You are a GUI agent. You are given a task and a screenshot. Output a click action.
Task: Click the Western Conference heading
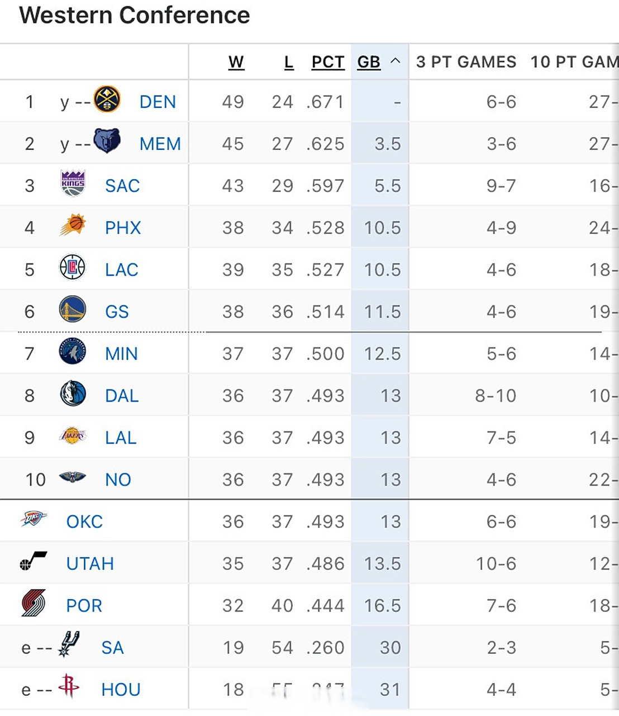pos(135,15)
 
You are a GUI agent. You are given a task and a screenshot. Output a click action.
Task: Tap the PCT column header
pos(328,62)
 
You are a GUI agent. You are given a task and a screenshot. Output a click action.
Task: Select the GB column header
pos(369,62)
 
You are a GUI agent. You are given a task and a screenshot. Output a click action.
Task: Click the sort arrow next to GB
pos(395,61)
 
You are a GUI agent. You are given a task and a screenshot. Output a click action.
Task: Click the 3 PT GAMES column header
pos(466,62)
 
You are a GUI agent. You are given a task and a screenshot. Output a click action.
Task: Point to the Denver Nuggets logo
pos(107,100)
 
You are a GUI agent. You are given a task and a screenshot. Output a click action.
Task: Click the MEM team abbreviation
pos(160,144)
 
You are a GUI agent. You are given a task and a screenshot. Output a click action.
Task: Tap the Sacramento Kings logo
pos(73,183)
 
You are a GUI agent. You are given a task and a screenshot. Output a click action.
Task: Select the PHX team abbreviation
pos(123,228)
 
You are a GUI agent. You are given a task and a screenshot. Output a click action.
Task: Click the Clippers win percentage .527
pos(325,270)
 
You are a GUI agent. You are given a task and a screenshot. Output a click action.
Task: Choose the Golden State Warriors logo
pos(73,309)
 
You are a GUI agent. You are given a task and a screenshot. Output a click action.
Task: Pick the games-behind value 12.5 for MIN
pos(382,354)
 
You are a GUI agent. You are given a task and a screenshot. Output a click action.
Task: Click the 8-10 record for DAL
pos(496,395)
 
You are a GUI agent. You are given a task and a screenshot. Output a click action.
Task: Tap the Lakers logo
pos(73,436)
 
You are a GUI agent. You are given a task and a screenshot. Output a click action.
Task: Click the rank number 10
pos(35,479)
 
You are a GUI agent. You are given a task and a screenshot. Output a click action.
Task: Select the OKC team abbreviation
pos(84,521)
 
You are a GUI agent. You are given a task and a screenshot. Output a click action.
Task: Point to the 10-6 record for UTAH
pos(496,563)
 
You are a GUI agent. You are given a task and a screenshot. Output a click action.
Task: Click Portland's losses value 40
pos(282,605)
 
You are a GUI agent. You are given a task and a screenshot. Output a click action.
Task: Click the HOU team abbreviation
pos(121,689)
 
